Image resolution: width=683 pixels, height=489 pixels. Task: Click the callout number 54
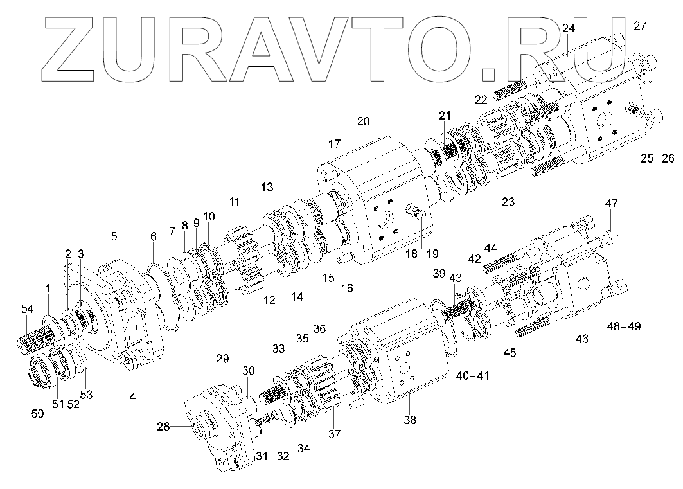(26, 310)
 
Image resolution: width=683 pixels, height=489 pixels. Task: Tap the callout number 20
(364, 121)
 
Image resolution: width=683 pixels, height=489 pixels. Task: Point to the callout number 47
(611, 204)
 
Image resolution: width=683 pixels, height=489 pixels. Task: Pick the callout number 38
(410, 421)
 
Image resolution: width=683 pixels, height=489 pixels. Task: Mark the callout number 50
(38, 414)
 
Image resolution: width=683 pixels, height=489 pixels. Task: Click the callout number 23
(508, 202)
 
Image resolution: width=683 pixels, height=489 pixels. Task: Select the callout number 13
(267, 187)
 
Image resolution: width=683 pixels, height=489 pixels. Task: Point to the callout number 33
(278, 349)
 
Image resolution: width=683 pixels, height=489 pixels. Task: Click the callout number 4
(132, 397)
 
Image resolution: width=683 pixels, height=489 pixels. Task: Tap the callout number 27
(640, 26)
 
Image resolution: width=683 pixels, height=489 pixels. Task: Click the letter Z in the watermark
(75, 49)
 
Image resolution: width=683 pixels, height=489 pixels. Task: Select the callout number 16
(346, 289)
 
